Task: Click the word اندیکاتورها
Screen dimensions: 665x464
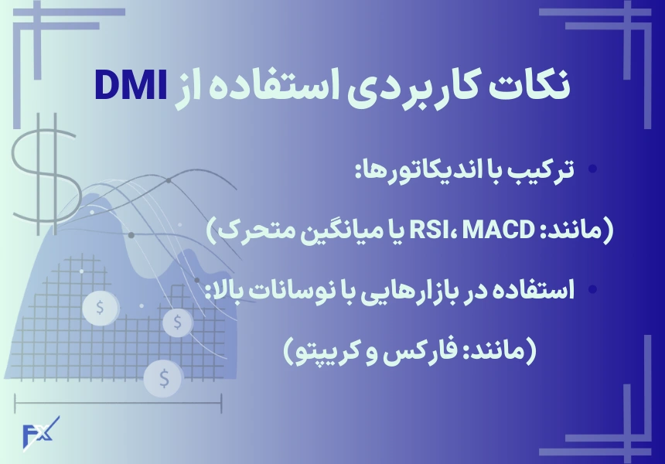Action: [413, 169]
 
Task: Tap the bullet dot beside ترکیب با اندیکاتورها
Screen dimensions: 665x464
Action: [593, 169]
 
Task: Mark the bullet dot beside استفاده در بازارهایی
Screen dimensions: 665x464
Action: [593, 290]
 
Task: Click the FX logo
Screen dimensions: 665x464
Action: [40, 433]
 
